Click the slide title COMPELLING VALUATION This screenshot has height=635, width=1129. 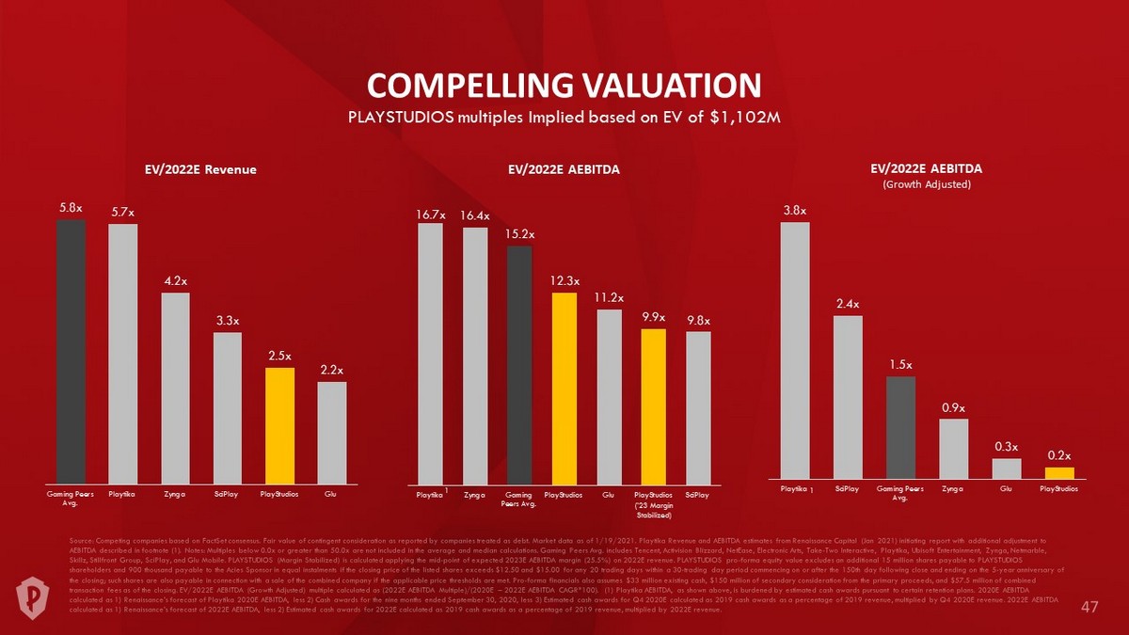tap(564, 85)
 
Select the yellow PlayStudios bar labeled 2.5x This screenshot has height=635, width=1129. tap(279, 423)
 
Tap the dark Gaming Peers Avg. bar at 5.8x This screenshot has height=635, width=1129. tap(71, 348)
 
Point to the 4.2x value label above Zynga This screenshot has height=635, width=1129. tap(175, 281)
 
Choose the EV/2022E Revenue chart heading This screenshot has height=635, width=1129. tap(199, 169)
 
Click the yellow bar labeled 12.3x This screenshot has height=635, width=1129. tap(564, 386)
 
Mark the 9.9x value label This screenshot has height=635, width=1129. tap(654, 317)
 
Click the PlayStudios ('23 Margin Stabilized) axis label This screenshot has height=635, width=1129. tap(654, 504)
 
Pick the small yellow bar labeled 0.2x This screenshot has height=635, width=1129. tap(1059, 472)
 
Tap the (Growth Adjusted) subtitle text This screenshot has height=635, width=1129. tap(927, 184)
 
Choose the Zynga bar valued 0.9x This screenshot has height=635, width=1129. tap(953, 448)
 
